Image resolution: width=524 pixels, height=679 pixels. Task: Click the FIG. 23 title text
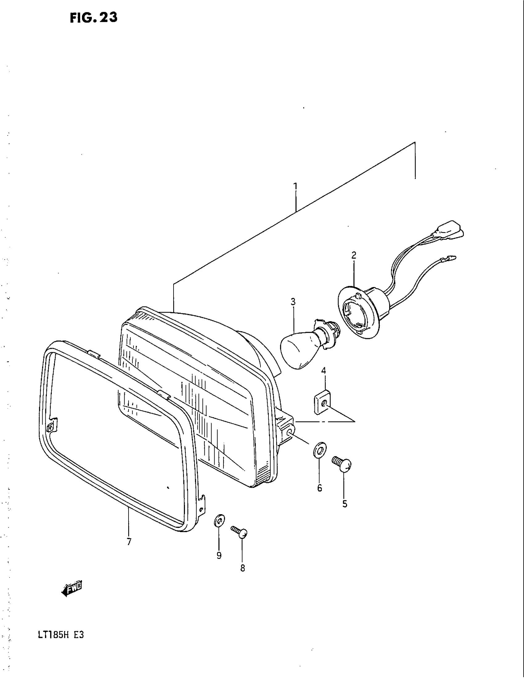pos(93,18)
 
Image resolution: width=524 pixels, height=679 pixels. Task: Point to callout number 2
pos(354,256)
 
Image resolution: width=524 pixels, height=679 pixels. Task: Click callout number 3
pos(293,302)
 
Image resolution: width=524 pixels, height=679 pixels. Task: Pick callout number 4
pos(323,371)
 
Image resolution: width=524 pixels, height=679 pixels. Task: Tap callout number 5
pos(345,504)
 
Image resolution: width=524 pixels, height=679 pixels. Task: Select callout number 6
pos(319,488)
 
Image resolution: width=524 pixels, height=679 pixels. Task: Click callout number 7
pos(129,542)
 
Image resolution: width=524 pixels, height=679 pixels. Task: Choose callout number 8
pos(243,568)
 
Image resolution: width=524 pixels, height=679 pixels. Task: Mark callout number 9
pos(219,555)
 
